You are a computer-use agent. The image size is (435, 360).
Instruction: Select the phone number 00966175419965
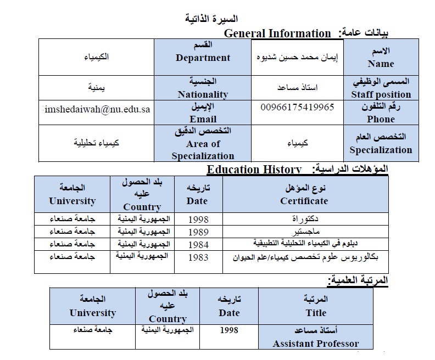coord(297,107)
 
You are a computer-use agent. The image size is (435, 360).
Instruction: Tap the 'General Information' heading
coord(277,33)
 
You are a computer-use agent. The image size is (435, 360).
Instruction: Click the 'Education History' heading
coord(254,170)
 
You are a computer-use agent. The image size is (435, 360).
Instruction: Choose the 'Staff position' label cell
coord(381,88)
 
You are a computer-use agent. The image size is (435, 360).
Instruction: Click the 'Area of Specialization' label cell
coord(203,144)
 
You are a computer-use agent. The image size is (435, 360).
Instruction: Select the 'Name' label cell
coord(381,58)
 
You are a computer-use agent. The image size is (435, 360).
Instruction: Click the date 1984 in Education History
coord(198,244)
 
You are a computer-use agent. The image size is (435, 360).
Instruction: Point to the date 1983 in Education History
coord(198,256)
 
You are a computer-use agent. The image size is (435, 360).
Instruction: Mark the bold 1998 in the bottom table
coord(228,330)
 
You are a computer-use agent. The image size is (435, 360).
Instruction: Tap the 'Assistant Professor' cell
coord(316,337)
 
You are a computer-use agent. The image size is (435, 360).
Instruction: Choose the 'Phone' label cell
coord(381,113)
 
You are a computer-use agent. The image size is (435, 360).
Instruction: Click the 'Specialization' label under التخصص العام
coord(381,150)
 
